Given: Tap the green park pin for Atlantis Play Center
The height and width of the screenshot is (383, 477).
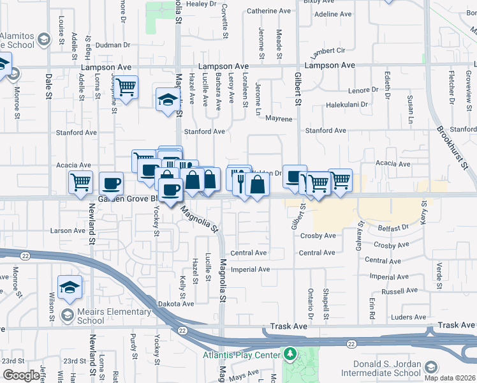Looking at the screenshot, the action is tap(290, 353).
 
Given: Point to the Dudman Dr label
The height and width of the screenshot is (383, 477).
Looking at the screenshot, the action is tap(114, 45).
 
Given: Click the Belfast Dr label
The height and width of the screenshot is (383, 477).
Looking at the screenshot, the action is tap(392, 227).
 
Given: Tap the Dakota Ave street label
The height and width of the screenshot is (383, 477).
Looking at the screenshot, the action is tap(175, 304).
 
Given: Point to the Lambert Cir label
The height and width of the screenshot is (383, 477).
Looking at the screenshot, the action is tap(328, 50).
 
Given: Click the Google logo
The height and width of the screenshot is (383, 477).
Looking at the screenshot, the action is tap(21, 375).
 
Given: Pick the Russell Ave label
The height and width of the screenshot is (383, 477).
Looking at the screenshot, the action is tap(399, 291).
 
